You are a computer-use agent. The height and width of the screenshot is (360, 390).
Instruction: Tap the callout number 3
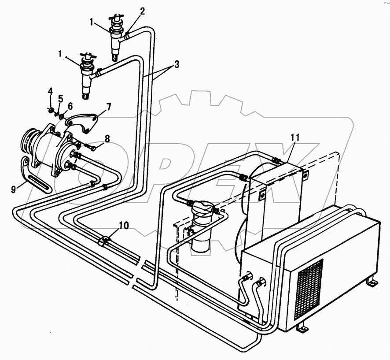point(176,65)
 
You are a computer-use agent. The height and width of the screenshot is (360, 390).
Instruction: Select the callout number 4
point(50,91)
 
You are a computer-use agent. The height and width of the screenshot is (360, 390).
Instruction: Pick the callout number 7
point(108,107)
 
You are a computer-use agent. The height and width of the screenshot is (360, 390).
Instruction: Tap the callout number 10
point(124,226)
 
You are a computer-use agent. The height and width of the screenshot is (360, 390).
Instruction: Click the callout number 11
point(295,137)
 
